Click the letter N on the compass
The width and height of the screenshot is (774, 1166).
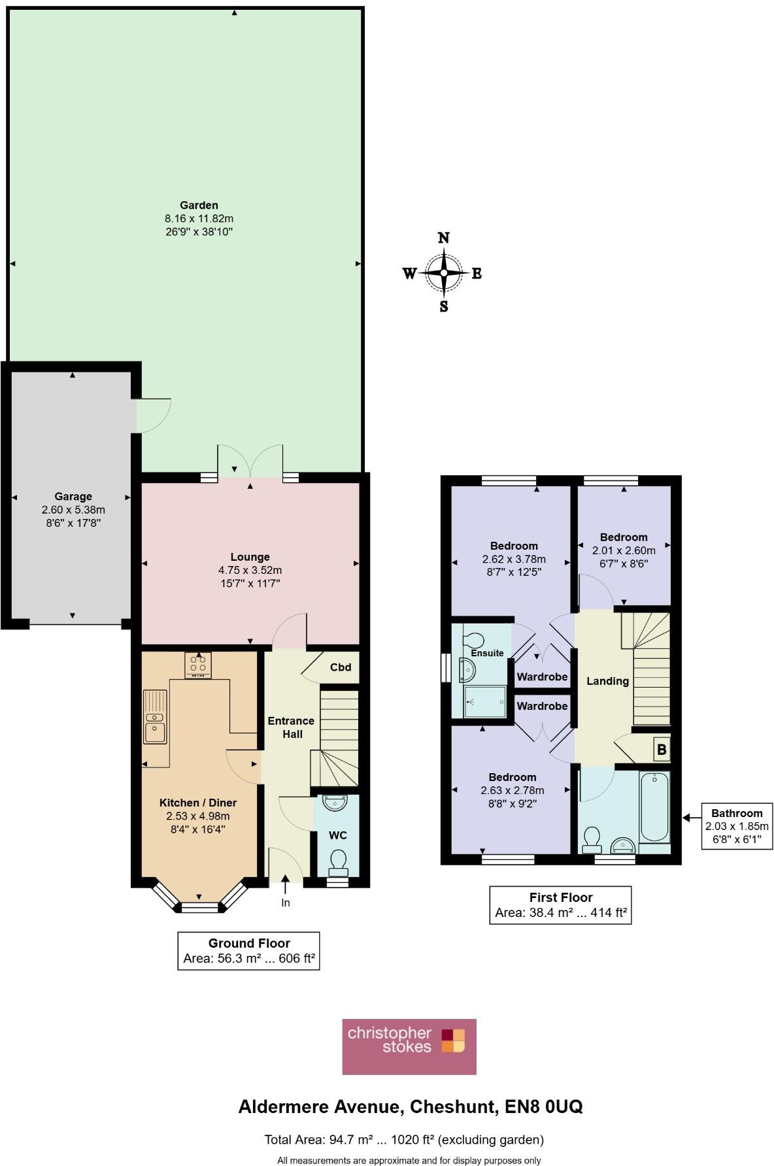[x=443, y=238]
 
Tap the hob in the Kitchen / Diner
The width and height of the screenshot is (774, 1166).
[x=197, y=665]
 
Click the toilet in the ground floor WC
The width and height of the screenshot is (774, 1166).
[x=338, y=861]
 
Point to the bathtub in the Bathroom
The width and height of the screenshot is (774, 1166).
[x=654, y=807]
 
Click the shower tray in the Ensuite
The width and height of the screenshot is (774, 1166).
[x=484, y=701]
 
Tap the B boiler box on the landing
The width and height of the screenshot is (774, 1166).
[x=661, y=750]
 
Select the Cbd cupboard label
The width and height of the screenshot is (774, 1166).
[x=341, y=667]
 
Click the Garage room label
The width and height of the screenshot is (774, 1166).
[x=73, y=497]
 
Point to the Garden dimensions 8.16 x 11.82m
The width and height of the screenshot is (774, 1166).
[x=199, y=219]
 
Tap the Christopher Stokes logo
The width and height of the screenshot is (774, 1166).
[x=409, y=1046]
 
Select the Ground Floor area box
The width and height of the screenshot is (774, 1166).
[x=248, y=951]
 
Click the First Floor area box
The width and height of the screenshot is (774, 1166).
[x=560, y=905]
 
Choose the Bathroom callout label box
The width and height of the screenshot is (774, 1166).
[x=737, y=826]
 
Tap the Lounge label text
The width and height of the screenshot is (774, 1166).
[x=250, y=557]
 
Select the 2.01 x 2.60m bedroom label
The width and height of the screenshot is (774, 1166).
[x=624, y=550]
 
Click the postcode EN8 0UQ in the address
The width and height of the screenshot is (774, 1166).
[x=543, y=1107]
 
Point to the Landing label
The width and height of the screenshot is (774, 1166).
[x=607, y=681]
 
